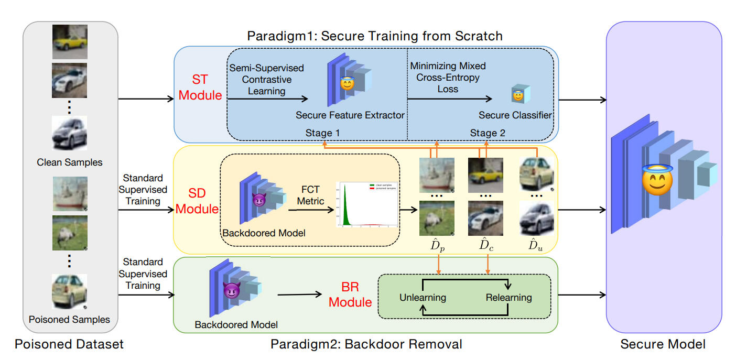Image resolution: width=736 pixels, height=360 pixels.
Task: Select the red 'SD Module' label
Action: click(197, 201)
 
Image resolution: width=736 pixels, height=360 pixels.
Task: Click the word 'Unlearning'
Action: click(423, 298)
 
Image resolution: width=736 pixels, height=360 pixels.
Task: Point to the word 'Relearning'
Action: click(508, 298)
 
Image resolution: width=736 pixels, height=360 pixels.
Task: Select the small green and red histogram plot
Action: click(367, 204)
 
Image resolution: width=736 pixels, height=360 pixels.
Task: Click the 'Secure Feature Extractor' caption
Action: click(350, 115)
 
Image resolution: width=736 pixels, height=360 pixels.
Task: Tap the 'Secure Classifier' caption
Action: click(516, 115)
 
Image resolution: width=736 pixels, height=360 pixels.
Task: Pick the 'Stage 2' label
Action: click(488, 133)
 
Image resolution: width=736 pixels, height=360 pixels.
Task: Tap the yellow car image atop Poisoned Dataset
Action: click(70, 41)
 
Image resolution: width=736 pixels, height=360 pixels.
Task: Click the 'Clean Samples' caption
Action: click(70, 162)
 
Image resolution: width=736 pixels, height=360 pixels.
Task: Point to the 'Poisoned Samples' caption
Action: click(70, 319)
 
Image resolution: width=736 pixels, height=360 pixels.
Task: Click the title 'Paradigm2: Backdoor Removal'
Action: click(366, 344)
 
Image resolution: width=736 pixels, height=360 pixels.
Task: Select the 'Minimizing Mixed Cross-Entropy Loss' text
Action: click(448, 78)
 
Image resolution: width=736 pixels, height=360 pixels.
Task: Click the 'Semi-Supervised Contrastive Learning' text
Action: click(266, 80)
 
